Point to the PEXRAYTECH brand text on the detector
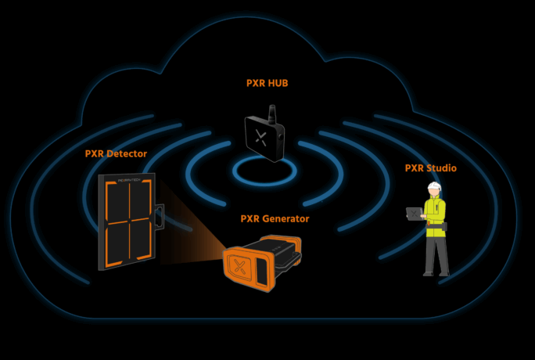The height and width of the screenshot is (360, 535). tap(127, 179)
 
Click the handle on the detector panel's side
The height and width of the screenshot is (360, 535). tap(159, 218)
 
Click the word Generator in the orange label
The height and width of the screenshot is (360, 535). tap(286, 218)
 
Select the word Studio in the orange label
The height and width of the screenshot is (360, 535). tap(443, 168)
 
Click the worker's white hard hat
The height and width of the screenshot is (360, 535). tap(433, 187)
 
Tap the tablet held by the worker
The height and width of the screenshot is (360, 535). tap(413, 212)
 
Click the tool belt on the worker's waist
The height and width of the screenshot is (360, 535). tap(436, 227)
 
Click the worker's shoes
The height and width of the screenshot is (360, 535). tap(436, 273)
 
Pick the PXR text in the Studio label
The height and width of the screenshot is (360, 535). tap(415, 168)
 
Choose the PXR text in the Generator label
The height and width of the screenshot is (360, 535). tap(251, 218)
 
